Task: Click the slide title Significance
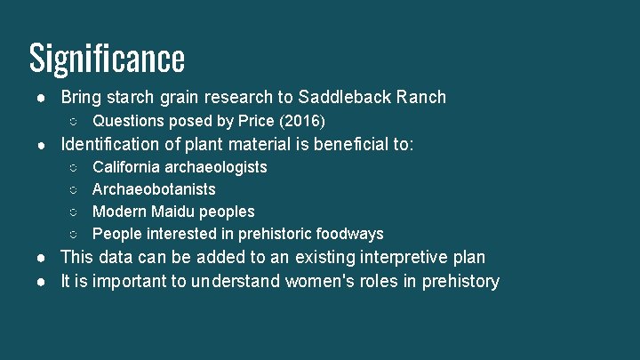(107, 58)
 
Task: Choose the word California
(126, 167)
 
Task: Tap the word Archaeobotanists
(154, 189)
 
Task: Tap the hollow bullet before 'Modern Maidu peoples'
(75, 212)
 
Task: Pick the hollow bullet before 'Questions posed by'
(75, 120)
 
